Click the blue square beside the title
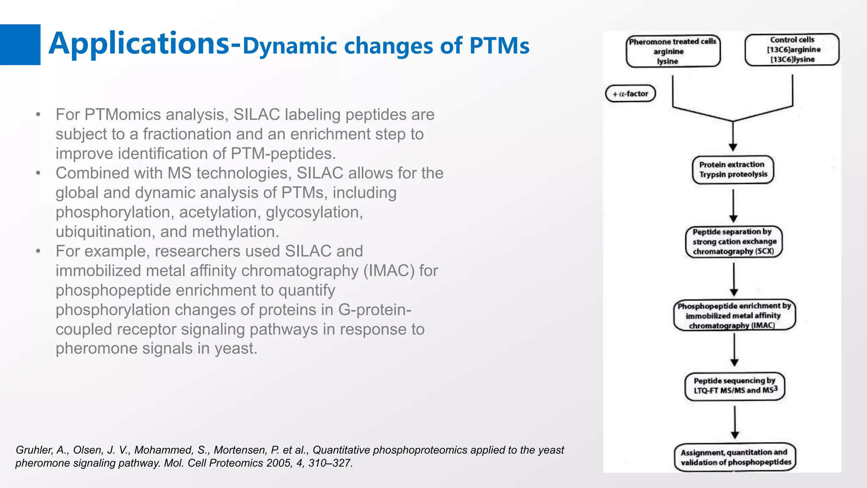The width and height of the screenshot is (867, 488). click(x=20, y=44)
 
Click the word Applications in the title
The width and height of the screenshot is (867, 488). click(x=139, y=44)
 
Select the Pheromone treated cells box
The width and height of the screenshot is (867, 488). click(x=673, y=51)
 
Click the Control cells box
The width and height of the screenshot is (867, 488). click(x=792, y=50)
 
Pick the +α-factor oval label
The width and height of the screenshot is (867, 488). click(x=630, y=94)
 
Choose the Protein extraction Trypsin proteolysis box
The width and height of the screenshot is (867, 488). click(x=733, y=169)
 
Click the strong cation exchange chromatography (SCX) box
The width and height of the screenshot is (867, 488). click(x=734, y=242)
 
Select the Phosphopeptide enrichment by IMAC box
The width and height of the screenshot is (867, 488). click(x=734, y=316)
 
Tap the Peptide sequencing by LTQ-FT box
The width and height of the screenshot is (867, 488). click(x=734, y=386)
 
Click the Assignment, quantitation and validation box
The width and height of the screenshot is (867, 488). click(x=735, y=457)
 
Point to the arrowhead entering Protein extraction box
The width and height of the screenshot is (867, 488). click(x=733, y=147)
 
